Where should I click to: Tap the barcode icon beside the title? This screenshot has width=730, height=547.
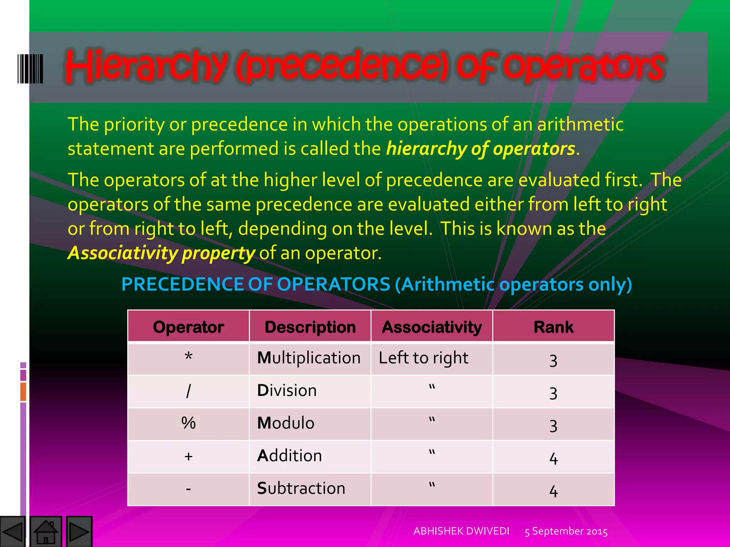tap(30, 69)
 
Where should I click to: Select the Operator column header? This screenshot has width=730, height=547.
tap(188, 327)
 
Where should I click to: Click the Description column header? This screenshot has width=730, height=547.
tap(310, 327)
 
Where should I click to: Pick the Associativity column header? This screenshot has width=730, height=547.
tap(432, 327)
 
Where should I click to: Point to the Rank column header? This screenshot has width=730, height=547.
tap(553, 327)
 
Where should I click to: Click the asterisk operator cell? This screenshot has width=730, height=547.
tap(188, 358)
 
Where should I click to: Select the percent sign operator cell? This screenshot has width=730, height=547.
tap(188, 423)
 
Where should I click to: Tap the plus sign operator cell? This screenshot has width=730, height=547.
tap(188, 456)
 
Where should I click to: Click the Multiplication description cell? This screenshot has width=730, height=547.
tap(309, 358)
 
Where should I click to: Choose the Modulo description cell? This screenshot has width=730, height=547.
tap(286, 423)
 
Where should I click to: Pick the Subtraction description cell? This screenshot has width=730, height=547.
tap(301, 488)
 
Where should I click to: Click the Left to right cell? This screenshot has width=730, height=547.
tap(423, 358)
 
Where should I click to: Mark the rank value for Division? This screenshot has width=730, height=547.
tap(553, 393)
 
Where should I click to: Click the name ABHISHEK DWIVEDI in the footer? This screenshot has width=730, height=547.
tap(461, 531)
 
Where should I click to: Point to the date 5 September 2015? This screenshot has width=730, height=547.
tap(566, 531)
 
